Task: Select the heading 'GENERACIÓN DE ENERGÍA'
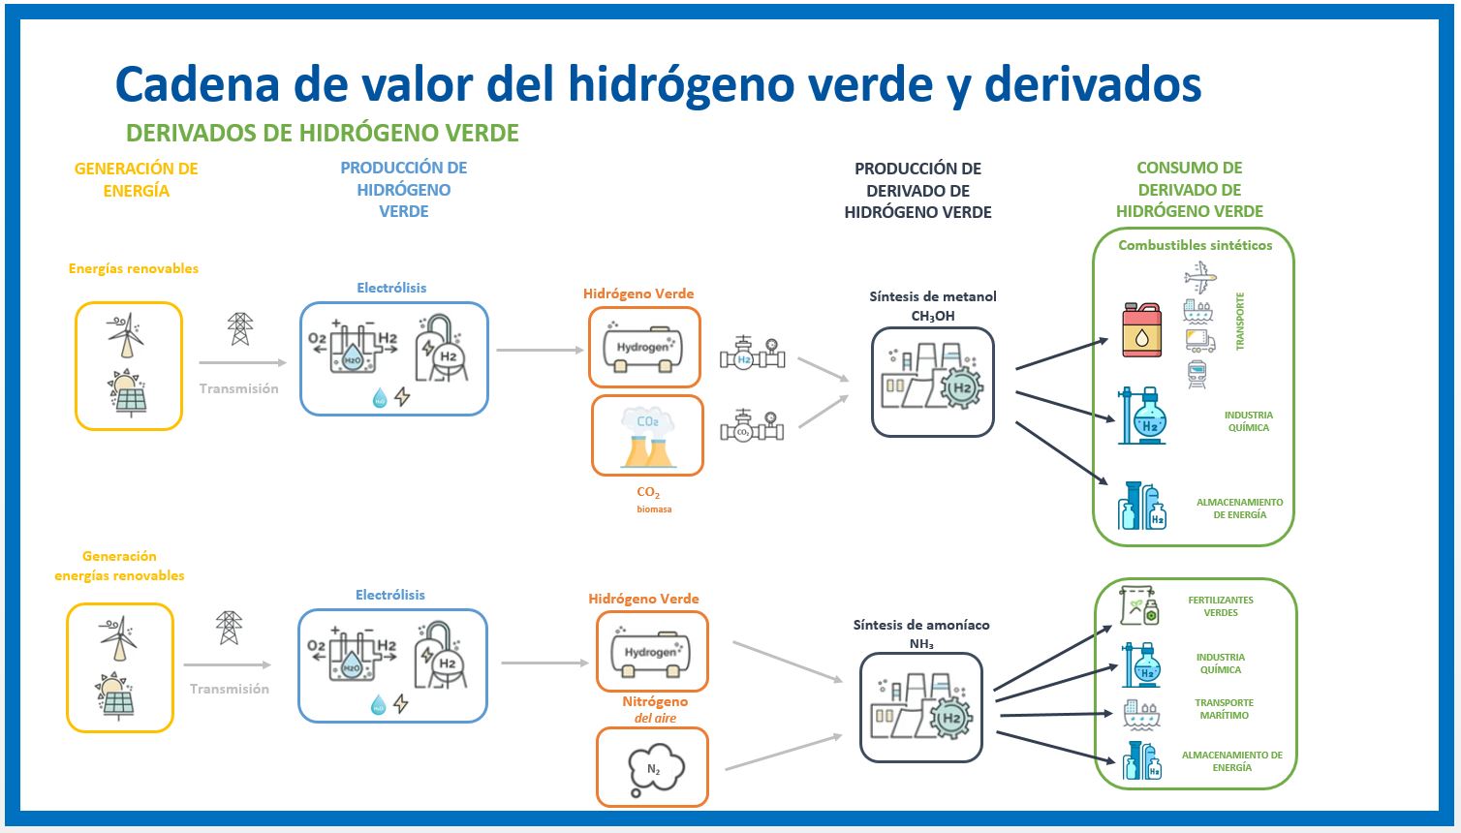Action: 136,179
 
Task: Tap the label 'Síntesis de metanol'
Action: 932,296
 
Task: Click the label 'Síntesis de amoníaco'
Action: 920,625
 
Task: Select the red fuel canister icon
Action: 1141,330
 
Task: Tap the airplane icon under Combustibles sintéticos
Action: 1199,278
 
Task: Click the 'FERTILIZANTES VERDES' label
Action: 1220,606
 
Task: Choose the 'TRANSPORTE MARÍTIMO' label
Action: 1224,709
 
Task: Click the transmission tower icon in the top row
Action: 239,329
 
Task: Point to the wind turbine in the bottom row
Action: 119,637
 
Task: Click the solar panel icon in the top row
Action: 130,393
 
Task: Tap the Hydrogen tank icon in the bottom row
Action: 651,653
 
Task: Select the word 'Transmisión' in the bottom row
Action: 229,689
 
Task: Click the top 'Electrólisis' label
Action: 391,288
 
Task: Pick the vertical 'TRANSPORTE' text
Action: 1240,321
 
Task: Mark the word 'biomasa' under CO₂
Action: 654,509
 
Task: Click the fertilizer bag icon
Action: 1138,605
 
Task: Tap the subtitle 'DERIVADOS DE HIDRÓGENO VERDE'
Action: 323,133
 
